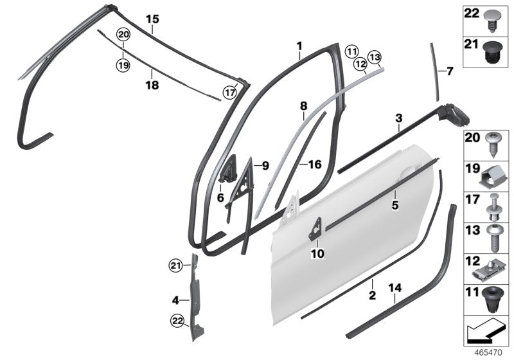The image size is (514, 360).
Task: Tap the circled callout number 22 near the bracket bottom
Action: click(176, 321)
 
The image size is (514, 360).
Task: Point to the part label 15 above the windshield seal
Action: click(152, 19)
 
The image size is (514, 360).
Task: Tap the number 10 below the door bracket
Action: click(317, 254)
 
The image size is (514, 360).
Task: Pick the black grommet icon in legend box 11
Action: click(494, 300)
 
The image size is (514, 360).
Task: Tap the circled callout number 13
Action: click(375, 57)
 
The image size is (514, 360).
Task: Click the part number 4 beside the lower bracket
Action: click(175, 300)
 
